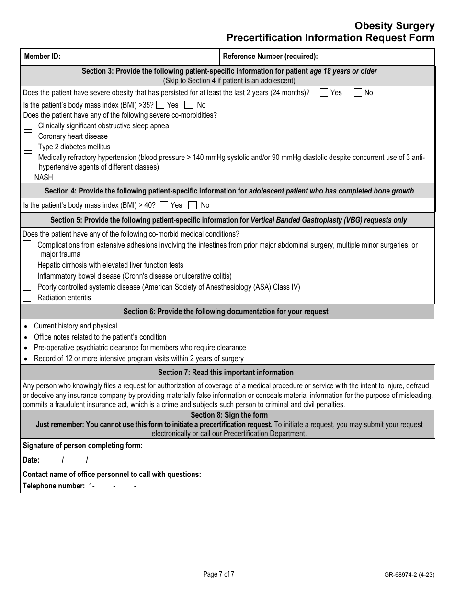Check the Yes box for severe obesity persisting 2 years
pyautogui.click(x=324, y=93)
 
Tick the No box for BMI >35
pyautogui.click(x=189, y=105)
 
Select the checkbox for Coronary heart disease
pyautogui.click(x=28, y=136)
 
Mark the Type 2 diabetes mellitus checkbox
pyautogui.click(x=28, y=147)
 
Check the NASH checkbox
pyautogui.click(x=28, y=178)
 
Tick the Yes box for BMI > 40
pyautogui.click(x=164, y=205)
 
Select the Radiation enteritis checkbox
pyautogui.click(x=28, y=298)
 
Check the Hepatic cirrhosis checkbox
pyautogui.click(x=28, y=265)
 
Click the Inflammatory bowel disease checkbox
pyautogui.click(x=28, y=276)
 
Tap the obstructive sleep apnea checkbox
pyautogui.click(x=28, y=126)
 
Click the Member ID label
pyautogui.click(x=42, y=57)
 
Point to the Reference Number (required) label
pyautogui.click(x=270, y=57)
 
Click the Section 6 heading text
pyautogui.click(x=226, y=312)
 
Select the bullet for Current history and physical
pyautogui.click(x=26, y=327)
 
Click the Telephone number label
pyautogui.click(x=54, y=486)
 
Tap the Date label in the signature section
pyautogui.click(x=31, y=460)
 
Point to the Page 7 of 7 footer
pyautogui.click(x=219, y=574)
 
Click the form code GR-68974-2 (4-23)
pyautogui.click(x=409, y=575)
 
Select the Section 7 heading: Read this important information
pyautogui.click(x=226, y=373)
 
